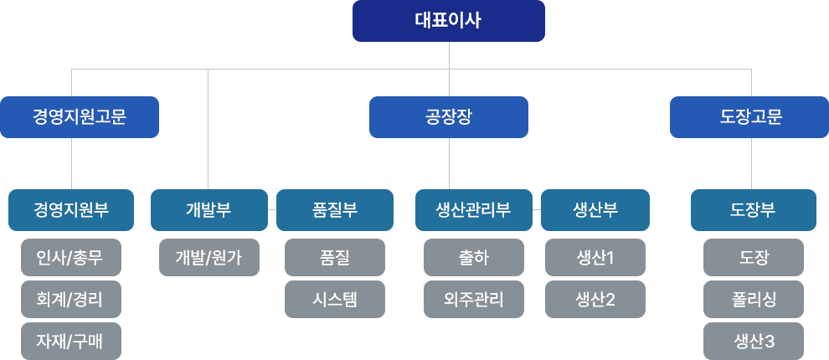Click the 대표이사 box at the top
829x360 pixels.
click(448, 21)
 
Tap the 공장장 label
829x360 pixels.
click(449, 116)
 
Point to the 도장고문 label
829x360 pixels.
click(751, 116)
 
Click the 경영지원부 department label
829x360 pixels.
click(71, 209)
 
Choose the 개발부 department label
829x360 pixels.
click(208, 209)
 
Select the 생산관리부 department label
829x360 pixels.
click(473, 209)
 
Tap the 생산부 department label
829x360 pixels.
click(595, 209)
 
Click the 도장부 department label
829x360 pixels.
click(752, 209)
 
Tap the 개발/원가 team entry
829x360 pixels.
click(209, 257)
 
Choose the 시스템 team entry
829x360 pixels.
click(334, 299)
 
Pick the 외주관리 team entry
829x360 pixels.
click(473, 299)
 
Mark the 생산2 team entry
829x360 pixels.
click(595, 299)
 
